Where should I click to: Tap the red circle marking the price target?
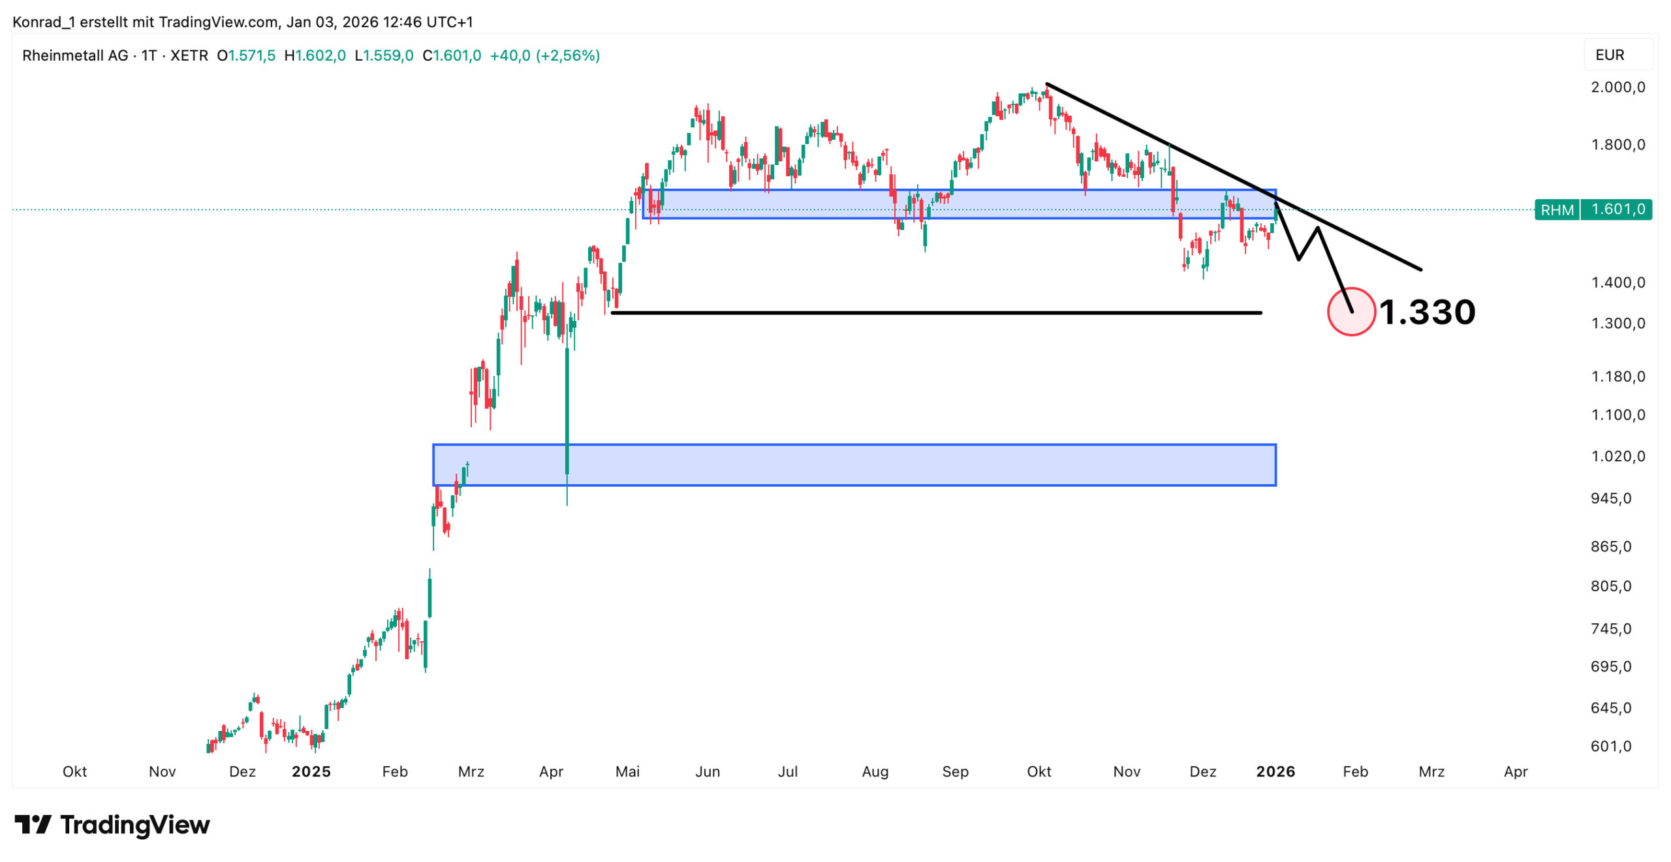click(1351, 311)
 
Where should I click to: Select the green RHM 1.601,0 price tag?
click(1593, 209)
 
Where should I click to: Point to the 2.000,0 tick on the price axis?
click(1617, 87)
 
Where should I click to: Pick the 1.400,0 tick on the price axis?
click(1617, 282)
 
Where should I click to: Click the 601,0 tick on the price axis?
click(1610, 745)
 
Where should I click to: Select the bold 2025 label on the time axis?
click(311, 771)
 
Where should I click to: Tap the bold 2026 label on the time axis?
click(1275, 771)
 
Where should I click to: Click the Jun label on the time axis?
click(707, 771)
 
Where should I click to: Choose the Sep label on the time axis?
click(955, 771)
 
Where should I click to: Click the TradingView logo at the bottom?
click(112, 825)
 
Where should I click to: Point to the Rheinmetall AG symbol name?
click(75, 55)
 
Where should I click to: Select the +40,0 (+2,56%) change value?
click(544, 55)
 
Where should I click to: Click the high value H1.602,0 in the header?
click(315, 55)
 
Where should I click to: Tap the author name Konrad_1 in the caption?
click(44, 22)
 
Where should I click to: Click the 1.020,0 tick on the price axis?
click(1617, 455)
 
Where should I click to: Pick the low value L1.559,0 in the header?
click(384, 55)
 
